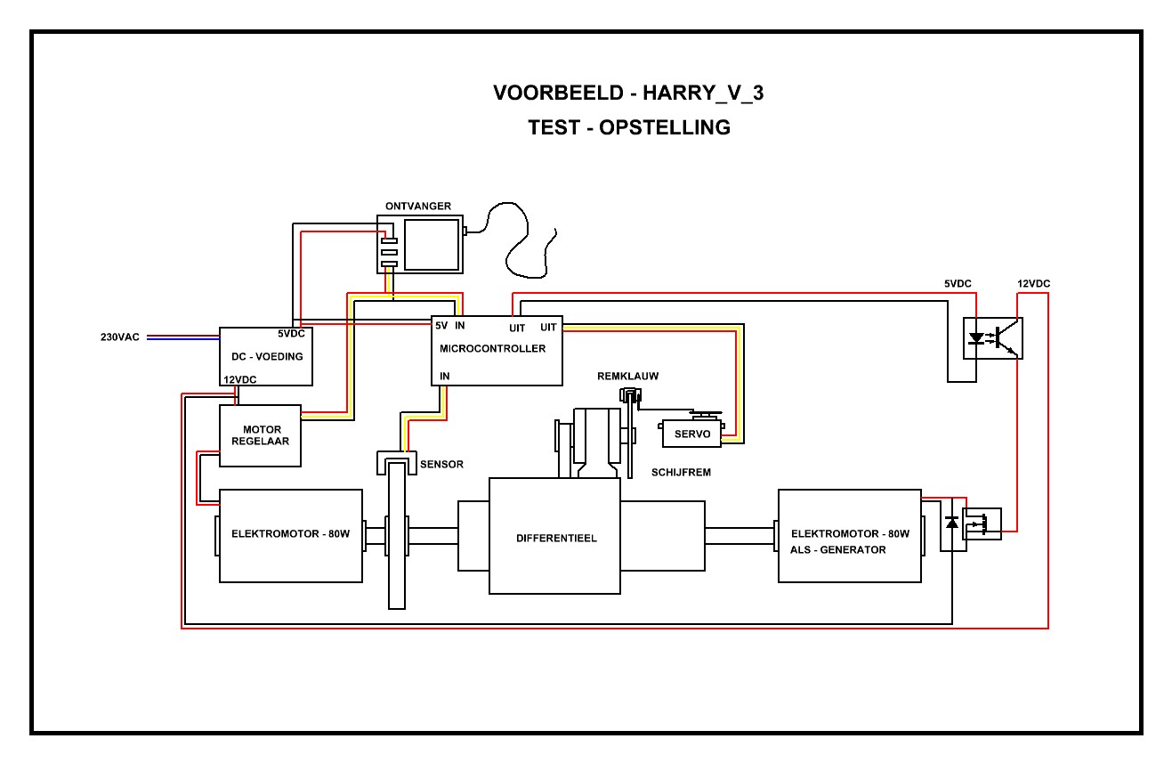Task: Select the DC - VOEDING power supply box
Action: pos(266,356)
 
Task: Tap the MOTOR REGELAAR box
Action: pos(260,435)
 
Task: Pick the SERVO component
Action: pos(691,434)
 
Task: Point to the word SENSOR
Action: pos(441,465)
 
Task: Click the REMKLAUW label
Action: pos(627,377)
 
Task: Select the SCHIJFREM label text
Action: pos(681,473)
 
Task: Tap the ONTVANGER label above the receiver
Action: pos(417,207)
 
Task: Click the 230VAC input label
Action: pos(119,337)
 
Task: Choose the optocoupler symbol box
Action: pos(993,338)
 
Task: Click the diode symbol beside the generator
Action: pos(952,523)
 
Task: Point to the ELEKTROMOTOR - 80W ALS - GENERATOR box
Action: pos(849,536)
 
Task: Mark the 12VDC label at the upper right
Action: pos(1033,284)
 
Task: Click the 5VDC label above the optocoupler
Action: pos(958,284)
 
